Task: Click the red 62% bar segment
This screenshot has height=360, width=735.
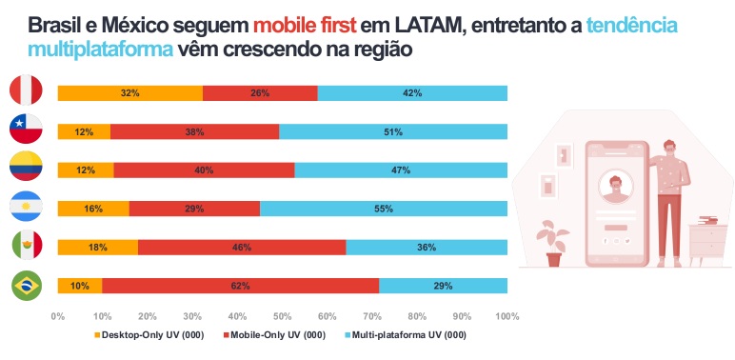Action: (x=240, y=286)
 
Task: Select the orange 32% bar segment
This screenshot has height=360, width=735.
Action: (x=129, y=92)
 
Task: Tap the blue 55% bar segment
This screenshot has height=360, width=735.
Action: (x=383, y=209)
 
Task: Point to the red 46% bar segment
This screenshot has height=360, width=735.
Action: (x=242, y=248)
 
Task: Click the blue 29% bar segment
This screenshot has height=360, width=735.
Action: (x=443, y=286)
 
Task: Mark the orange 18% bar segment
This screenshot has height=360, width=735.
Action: (x=97, y=248)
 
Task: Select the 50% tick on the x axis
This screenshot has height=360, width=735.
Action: (x=283, y=315)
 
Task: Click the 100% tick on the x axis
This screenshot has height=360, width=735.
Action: (x=507, y=315)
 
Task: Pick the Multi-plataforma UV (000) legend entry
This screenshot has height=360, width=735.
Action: (x=410, y=334)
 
